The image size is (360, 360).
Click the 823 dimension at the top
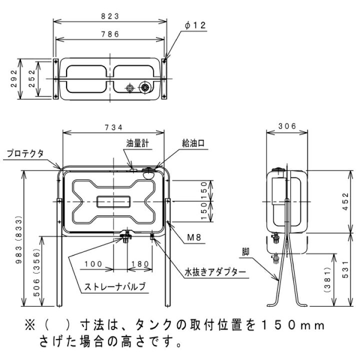click(x=110, y=16)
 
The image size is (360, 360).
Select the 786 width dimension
click(x=110, y=34)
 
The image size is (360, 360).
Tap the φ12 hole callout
click(x=195, y=25)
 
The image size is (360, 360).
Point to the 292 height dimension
click(x=14, y=78)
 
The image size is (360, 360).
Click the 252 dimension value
click(x=32, y=78)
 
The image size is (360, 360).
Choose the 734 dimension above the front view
click(x=113, y=127)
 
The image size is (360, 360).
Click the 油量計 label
click(x=137, y=143)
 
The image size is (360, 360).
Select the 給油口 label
click(x=193, y=143)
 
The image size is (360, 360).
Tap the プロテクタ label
click(x=25, y=153)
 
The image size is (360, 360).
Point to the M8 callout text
click(x=194, y=237)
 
